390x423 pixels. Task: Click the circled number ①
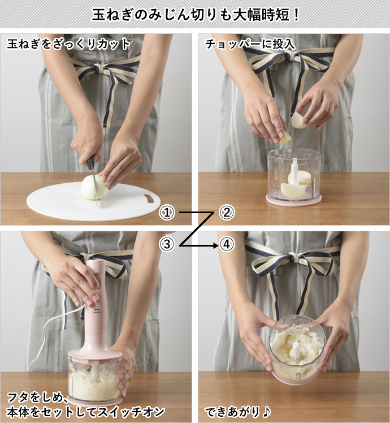[167, 213]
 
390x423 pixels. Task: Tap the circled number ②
[227, 213]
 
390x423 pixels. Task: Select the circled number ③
[167, 244]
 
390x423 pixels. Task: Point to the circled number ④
[227, 244]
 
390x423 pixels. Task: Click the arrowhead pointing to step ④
[215, 245]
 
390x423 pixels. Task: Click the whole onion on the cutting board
[94, 187]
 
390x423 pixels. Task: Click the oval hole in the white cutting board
[149, 198]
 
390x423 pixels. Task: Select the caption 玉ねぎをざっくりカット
[68, 44]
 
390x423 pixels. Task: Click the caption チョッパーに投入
[250, 44]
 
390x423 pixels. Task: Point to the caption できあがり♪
[238, 412]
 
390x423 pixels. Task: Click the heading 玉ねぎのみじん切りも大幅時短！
[195, 14]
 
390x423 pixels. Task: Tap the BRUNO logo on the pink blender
[96, 311]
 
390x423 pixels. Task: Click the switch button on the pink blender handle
[98, 281]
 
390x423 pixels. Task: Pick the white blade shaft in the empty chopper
[294, 172]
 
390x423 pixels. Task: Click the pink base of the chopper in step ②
[294, 200]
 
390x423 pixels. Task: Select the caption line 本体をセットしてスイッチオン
[85, 412]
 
